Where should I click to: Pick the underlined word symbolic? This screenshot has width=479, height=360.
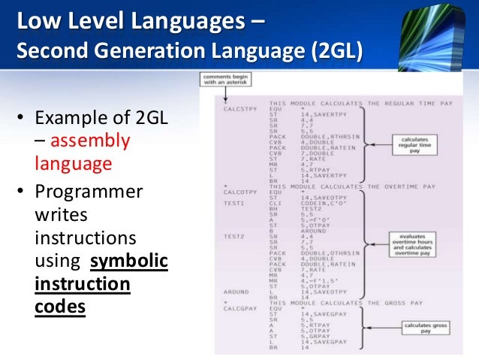point(129,262)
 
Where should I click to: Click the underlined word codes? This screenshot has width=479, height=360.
point(60,308)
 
